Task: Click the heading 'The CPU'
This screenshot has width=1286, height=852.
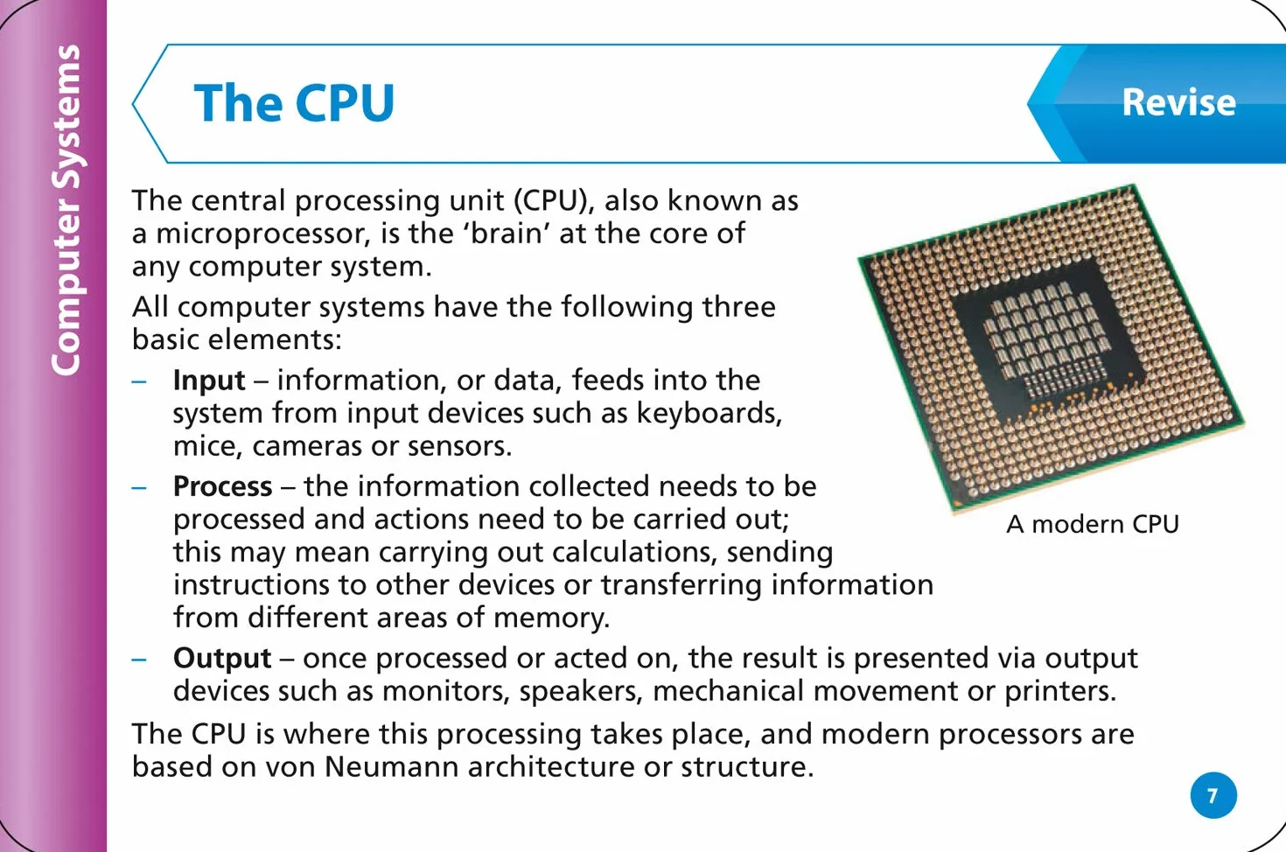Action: coord(294,102)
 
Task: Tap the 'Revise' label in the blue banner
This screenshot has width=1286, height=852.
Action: coord(1178,102)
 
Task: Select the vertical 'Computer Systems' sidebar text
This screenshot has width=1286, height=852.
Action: coord(66,210)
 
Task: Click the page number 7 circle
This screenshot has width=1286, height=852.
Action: coord(1213,795)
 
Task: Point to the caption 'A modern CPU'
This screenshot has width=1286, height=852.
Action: coord(1093,524)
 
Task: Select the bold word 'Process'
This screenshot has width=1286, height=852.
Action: coord(222,487)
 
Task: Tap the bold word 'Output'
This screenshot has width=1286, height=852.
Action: coord(222,659)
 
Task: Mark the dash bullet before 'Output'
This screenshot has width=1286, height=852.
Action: coord(139,660)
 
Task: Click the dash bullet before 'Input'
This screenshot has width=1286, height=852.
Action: coord(139,381)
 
